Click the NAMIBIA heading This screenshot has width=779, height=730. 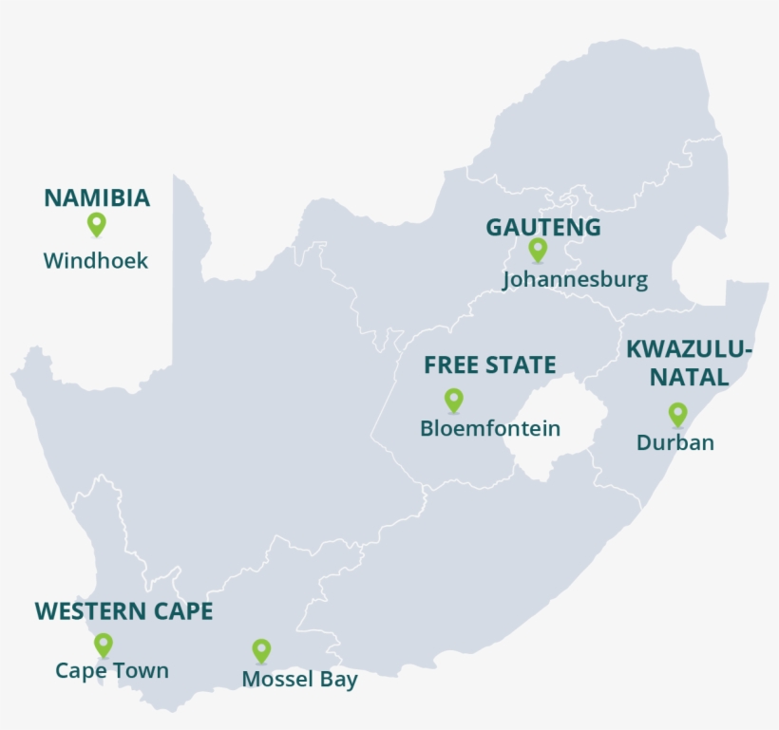(x=97, y=198)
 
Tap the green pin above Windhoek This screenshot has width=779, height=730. (x=96, y=224)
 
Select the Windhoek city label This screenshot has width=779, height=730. (x=96, y=261)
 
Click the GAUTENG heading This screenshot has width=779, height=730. (x=543, y=228)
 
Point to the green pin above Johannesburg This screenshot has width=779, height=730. (x=538, y=250)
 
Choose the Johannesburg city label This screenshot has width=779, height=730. (x=575, y=280)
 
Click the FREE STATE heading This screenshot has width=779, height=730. (x=490, y=365)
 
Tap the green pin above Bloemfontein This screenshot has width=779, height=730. (x=454, y=400)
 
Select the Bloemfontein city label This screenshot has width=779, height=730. (x=490, y=429)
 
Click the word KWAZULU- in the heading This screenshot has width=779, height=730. (x=690, y=350)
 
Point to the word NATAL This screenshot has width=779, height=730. (x=690, y=378)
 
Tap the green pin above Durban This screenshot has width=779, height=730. (x=677, y=414)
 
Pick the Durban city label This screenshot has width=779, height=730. (x=675, y=442)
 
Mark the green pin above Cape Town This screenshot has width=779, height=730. (x=103, y=645)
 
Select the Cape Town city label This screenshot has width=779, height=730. (x=112, y=671)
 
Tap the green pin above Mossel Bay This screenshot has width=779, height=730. (x=261, y=650)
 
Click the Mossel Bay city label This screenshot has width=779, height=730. (x=300, y=680)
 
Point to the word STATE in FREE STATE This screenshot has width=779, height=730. (x=522, y=365)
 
